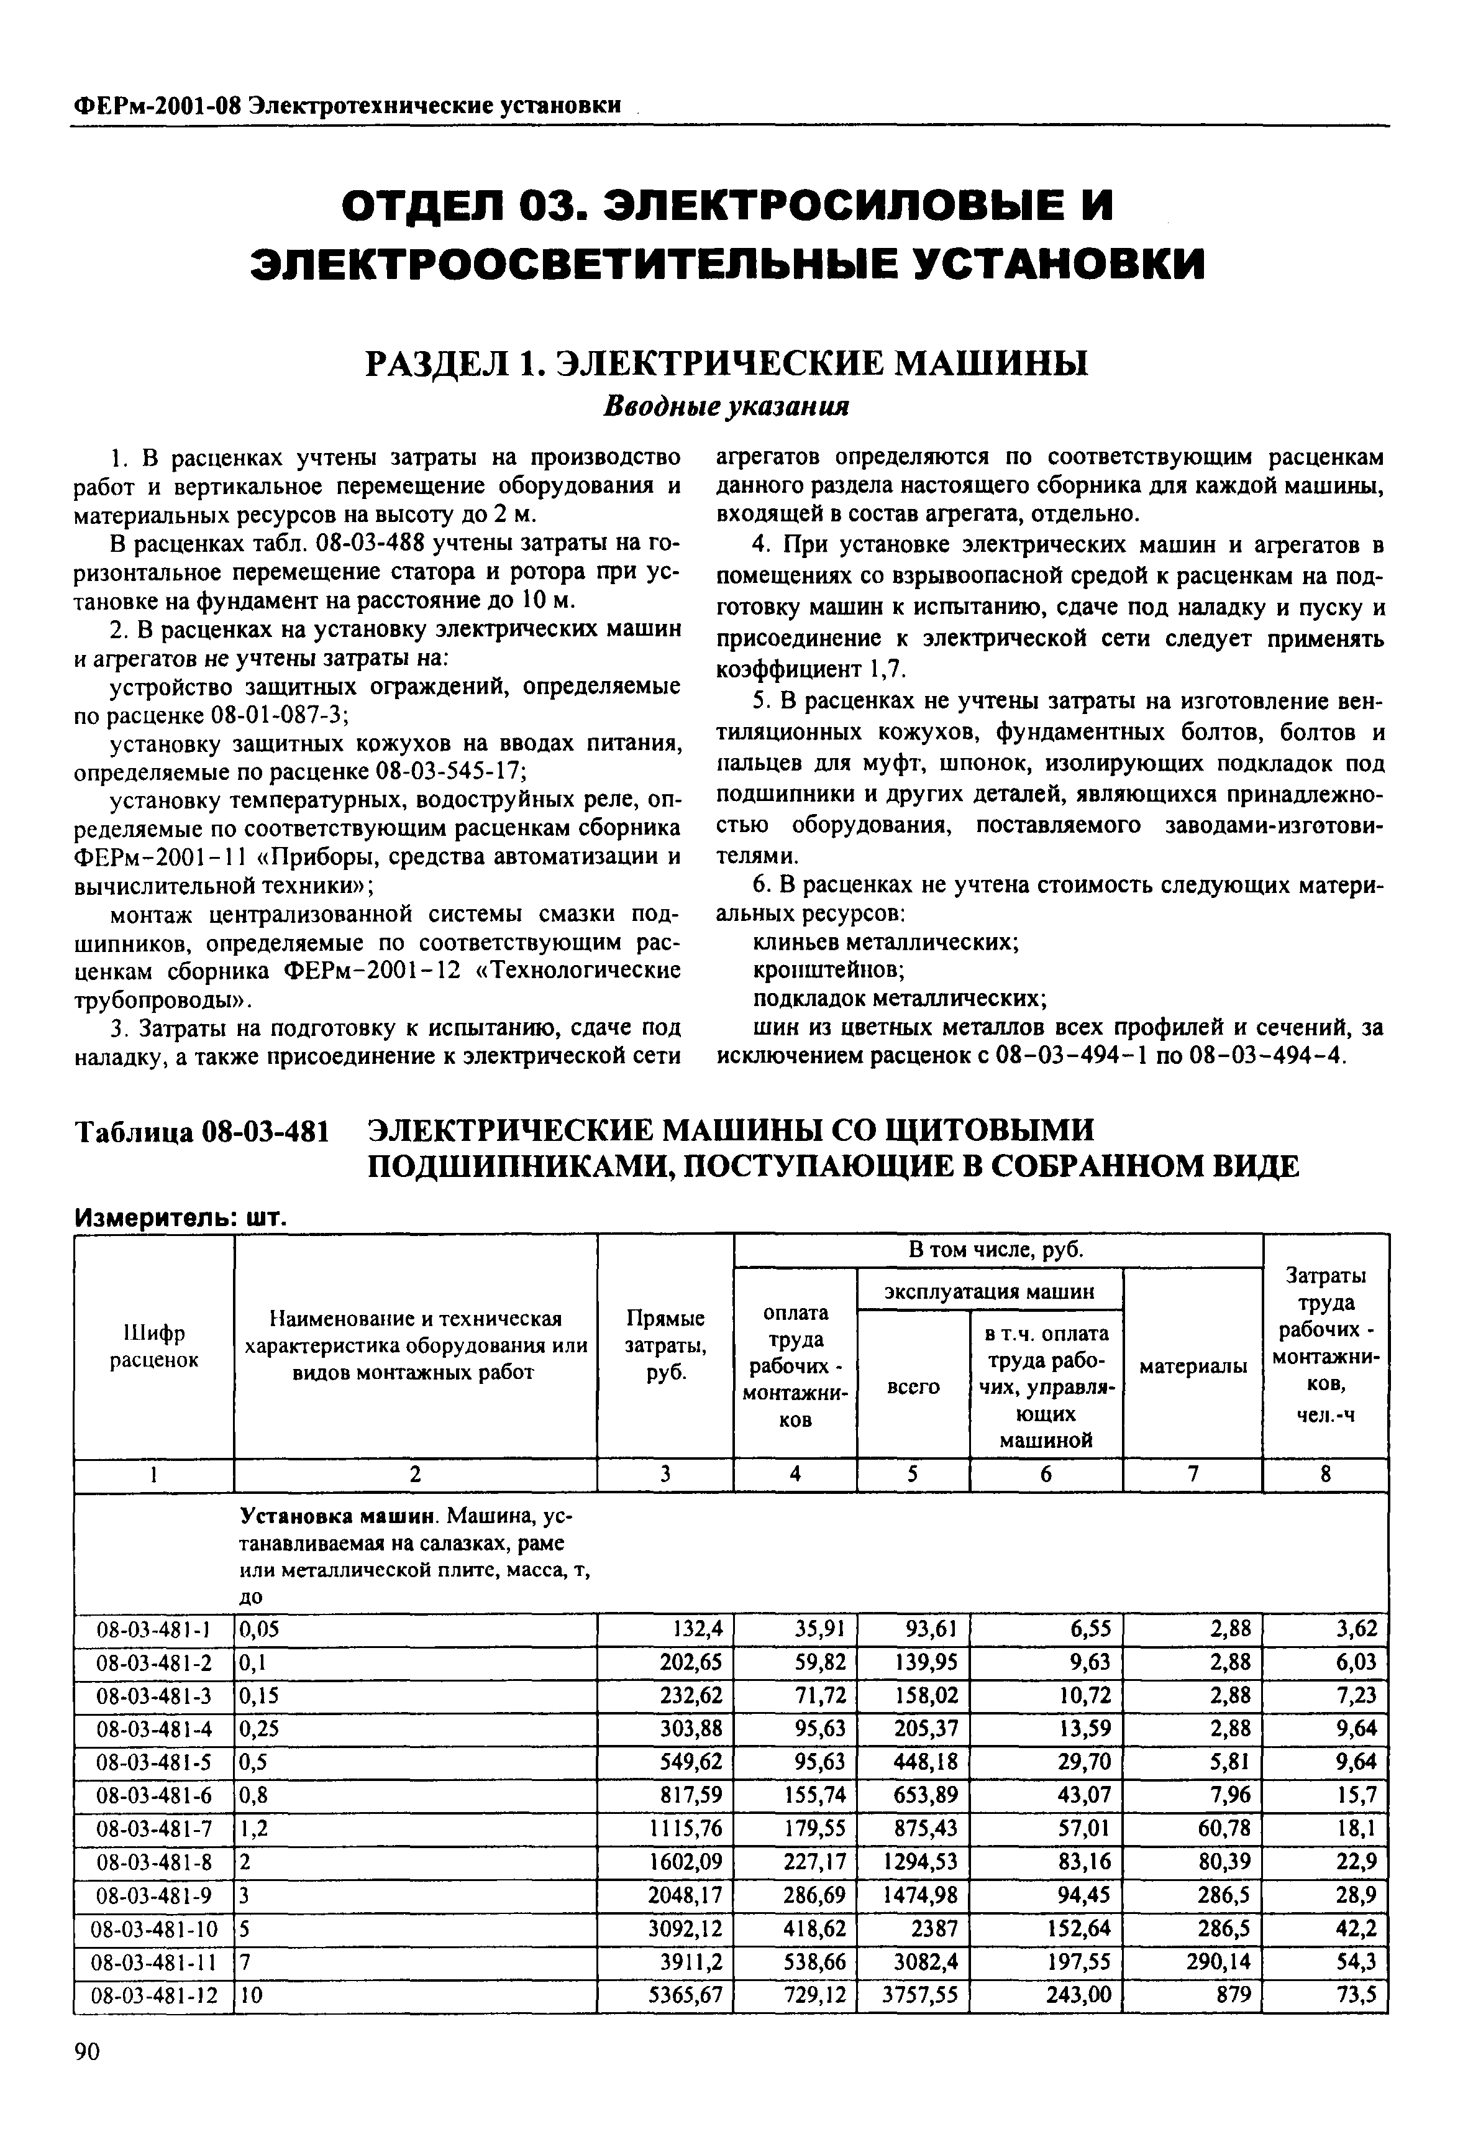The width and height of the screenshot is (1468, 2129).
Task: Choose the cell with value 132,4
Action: [x=698, y=1629]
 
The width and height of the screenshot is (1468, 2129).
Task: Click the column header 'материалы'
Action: [x=1193, y=1367]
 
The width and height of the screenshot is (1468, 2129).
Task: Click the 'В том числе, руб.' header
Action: [x=996, y=1250]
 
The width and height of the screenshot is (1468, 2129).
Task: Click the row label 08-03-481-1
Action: [x=153, y=1629]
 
